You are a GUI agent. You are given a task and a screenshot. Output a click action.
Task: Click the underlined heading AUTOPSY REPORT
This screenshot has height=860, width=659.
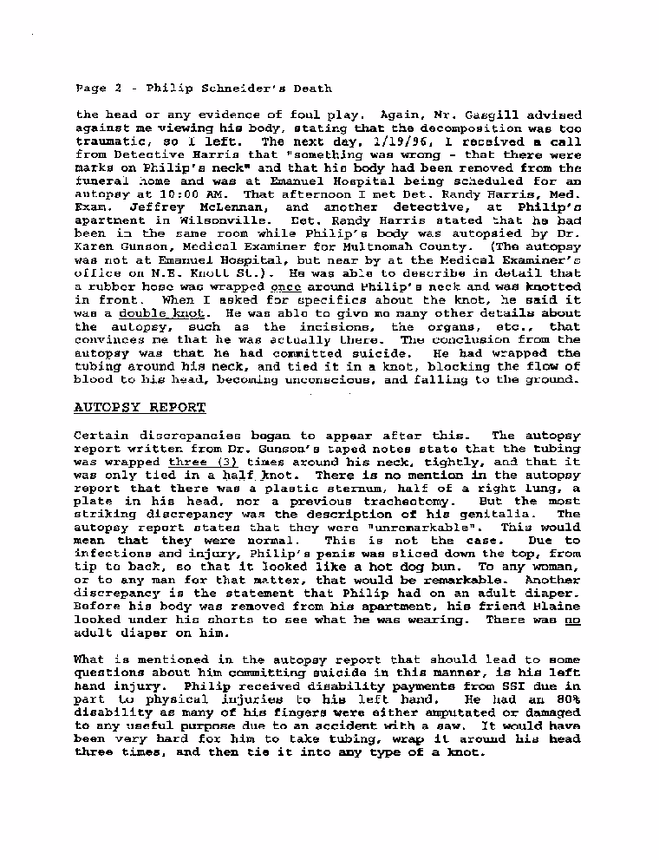pos(140,407)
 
